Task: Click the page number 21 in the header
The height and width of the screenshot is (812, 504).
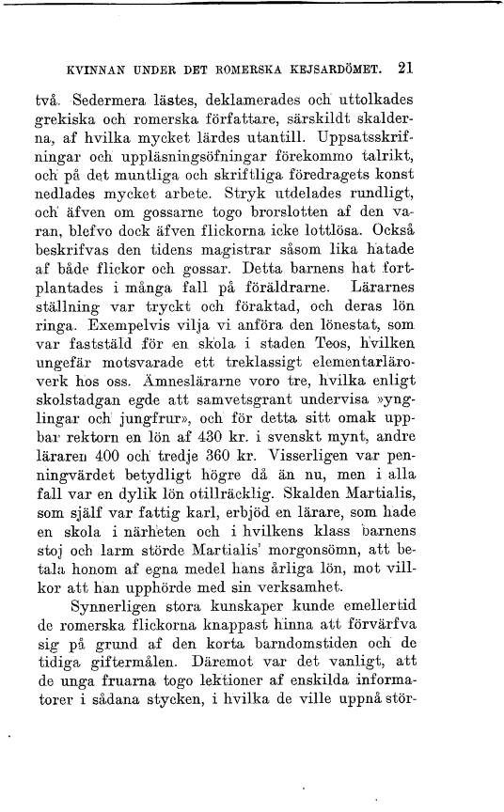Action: click(406, 68)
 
